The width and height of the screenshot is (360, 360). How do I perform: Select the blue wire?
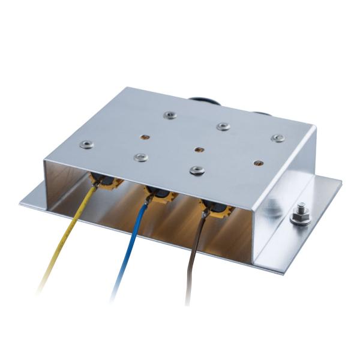129,246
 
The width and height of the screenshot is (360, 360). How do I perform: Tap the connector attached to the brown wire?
217,209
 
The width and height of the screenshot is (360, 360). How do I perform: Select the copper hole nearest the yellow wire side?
145,136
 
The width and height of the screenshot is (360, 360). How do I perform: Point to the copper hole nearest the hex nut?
258,161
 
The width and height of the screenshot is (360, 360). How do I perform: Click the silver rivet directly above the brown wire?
196,170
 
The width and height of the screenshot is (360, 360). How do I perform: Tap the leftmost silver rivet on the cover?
86,143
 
